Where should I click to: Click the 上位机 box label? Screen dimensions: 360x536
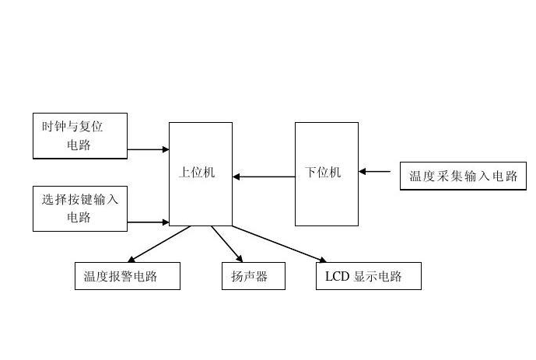pos(196,173)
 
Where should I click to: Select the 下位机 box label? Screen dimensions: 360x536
pos(323,173)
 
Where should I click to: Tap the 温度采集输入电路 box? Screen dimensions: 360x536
pos(463,176)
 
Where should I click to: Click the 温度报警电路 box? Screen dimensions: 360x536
pos(127,276)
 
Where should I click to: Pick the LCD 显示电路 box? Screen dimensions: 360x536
pos(368,276)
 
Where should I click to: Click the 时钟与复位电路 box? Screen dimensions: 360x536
pos(79,136)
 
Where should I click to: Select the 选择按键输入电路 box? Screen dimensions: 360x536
pos(79,208)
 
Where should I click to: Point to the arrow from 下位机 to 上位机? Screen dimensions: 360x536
pos(264,177)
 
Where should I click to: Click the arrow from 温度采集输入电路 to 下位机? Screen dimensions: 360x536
pos(375,171)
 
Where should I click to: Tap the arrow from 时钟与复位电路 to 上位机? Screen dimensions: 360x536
pos(148,149)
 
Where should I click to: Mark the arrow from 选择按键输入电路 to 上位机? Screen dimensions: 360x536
pos(148,222)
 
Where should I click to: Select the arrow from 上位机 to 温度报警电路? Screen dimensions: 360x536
pos(159,243)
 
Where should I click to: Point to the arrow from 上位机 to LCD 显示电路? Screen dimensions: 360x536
pos(279,243)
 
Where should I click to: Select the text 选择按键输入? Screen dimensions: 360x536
pos(79,200)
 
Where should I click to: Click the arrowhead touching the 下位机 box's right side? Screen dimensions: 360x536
pos(363,171)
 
